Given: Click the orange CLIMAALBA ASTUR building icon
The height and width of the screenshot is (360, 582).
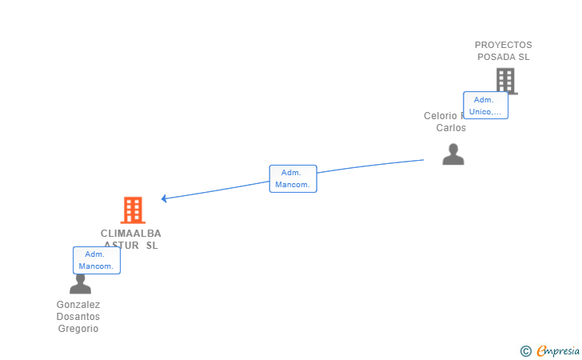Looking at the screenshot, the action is [x=133, y=210].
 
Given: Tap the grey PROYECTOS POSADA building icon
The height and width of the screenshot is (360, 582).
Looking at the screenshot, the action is [x=505, y=81].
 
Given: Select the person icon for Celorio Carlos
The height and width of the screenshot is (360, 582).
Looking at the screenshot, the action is [x=453, y=154].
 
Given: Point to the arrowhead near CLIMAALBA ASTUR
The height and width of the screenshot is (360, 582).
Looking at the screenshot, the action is [x=164, y=198].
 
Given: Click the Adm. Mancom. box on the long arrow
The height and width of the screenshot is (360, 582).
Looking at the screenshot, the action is [x=293, y=178].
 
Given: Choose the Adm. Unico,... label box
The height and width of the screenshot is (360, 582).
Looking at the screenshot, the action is [x=485, y=106].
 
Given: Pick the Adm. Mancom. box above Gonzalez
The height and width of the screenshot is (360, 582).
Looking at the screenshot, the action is [x=97, y=260].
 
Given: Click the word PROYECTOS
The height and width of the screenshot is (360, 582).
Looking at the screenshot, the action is [x=503, y=45].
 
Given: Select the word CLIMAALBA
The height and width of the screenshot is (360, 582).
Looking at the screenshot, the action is [x=131, y=234].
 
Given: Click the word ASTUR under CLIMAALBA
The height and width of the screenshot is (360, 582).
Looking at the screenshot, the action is [x=119, y=246].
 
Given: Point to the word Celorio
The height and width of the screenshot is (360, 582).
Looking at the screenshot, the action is [x=440, y=116].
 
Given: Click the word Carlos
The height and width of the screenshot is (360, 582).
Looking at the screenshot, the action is [x=451, y=128].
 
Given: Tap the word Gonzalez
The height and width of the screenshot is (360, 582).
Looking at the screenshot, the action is [x=78, y=305].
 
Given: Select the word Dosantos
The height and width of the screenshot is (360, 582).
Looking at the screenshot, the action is [x=78, y=317].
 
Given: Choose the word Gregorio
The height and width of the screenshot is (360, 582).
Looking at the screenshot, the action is [x=78, y=329].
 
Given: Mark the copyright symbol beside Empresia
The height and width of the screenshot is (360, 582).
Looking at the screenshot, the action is [x=525, y=350].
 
